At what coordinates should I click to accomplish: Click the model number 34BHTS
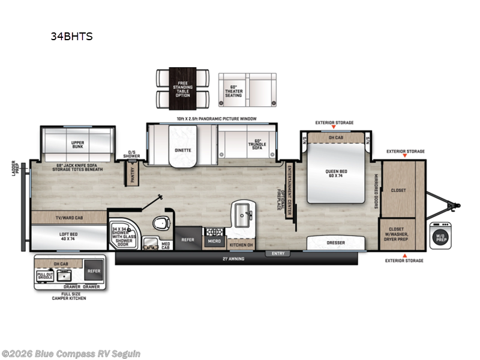pyautogui.click(x=72, y=37)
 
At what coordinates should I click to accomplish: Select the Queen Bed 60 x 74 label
pyautogui.click(x=335, y=172)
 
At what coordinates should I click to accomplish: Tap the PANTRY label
pyautogui.click(x=132, y=172)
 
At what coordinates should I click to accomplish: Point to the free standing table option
pyautogui.click(x=183, y=88)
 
